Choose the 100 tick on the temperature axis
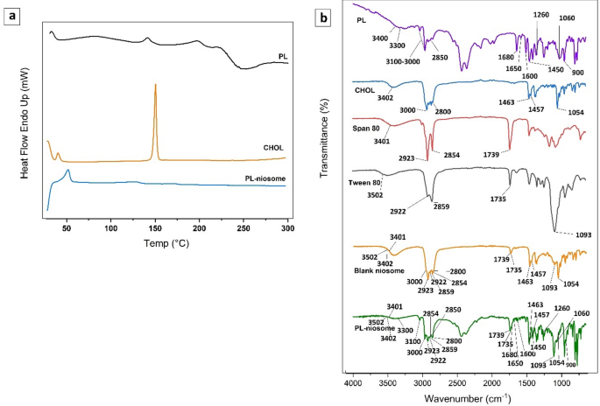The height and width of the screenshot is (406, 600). coord(110,227)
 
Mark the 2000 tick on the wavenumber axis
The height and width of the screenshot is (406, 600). coord(491,383)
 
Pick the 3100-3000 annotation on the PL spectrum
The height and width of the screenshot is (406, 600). coord(416,61)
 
